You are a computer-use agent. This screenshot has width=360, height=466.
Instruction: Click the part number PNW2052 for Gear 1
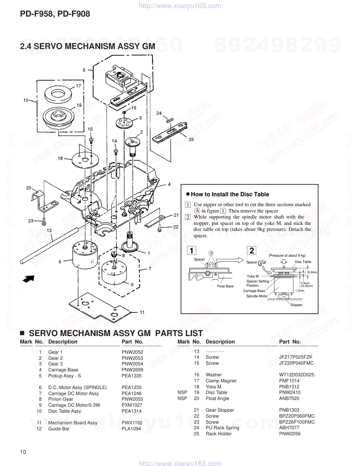[132, 352]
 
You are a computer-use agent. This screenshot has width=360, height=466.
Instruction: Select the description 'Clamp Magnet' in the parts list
[221, 381]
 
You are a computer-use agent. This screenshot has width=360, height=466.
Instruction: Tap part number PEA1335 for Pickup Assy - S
[132, 376]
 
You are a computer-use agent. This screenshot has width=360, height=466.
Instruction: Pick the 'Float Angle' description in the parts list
[217, 398]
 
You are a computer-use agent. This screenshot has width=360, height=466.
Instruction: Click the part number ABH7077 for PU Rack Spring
[289, 428]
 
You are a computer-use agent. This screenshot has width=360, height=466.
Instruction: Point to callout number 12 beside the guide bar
[49, 230]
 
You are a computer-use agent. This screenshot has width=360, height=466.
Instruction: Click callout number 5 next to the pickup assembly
[84, 70]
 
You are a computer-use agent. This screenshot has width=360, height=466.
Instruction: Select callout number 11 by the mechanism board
[142, 312]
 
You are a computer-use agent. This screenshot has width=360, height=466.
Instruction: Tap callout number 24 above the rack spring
[159, 113]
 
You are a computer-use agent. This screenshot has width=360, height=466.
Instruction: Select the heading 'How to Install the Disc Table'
[230, 194]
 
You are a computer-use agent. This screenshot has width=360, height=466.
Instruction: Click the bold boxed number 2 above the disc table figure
[251, 251]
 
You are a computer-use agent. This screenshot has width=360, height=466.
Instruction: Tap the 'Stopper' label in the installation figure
[296, 305]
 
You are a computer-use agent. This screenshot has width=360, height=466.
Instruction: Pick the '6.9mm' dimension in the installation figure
[313, 272]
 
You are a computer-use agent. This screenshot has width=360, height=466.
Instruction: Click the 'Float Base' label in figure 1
[225, 286]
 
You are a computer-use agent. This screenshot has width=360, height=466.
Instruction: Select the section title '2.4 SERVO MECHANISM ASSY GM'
[88, 46]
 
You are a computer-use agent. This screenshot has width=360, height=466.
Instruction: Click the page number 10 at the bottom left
[23, 452]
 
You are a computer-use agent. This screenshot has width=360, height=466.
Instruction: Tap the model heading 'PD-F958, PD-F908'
[55, 14]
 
